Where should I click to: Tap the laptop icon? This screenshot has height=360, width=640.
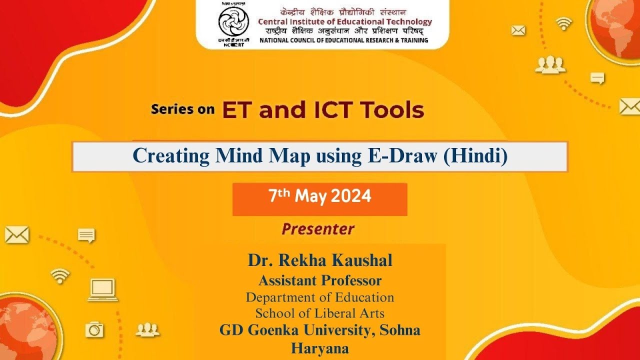pyautogui.click(x=103, y=290)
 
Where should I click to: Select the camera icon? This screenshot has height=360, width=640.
pyautogui.click(x=94, y=329)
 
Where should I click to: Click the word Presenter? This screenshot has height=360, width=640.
pyautogui.click(x=318, y=229)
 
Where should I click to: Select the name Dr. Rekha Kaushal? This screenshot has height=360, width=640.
pyautogui.click(x=320, y=260)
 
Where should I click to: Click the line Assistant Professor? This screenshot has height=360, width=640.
pyautogui.click(x=320, y=280)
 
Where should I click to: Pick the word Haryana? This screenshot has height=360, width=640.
pyautogui.click(x=320, y=348)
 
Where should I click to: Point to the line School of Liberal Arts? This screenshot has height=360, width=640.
pyautogui.click(x=320, y=313)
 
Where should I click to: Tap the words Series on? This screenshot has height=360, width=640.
pyautogui.click(x=182, y=109)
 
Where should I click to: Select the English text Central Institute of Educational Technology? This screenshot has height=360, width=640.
pyautogui.click(x=345, y=21)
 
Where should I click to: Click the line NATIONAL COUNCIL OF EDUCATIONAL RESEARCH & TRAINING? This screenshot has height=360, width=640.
pyautogui.click(x=344, y=40)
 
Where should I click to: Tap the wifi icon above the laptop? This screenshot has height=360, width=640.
pyautogui.click(x=60, y=275)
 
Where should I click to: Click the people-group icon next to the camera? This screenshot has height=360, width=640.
pyautogui.click(x=147, y=329)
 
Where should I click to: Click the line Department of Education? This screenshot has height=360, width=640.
pyautogui.click(x=320, y=297)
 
